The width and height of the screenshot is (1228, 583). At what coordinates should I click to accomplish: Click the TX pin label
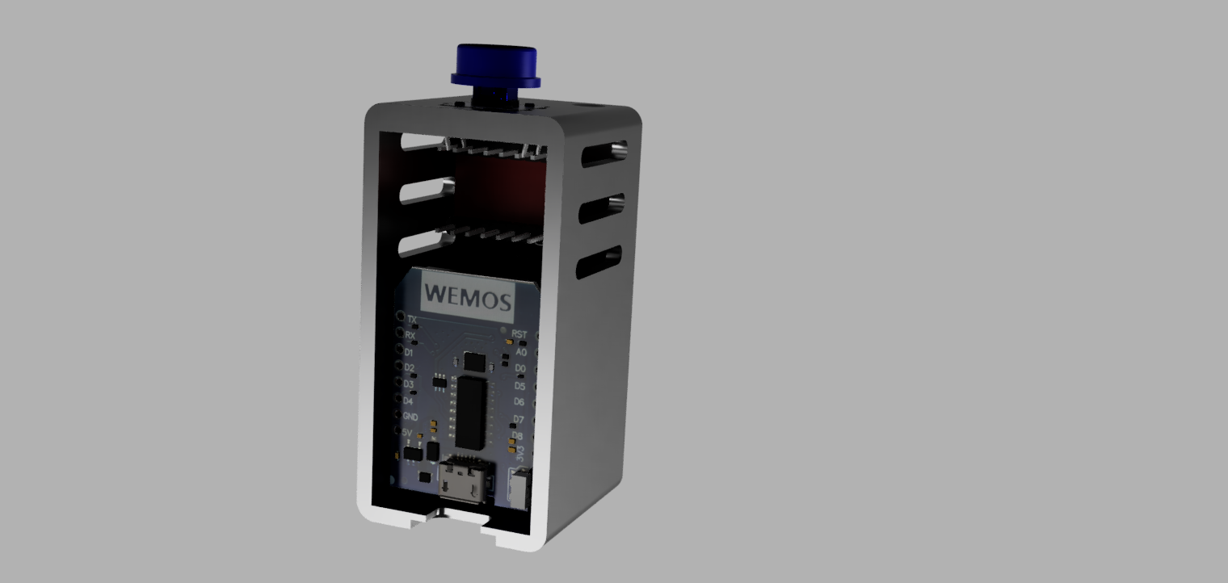tap(411, 320)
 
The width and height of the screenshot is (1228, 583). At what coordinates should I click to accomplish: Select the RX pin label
tap(410, 335)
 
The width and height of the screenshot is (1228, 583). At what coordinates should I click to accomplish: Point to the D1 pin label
tap(409, 352)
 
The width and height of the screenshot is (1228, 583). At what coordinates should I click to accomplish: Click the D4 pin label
tap(408, 401)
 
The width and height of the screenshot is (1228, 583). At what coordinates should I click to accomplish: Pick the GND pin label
tap(410, 417)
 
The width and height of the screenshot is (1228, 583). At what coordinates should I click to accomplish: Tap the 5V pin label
tap(407, 433)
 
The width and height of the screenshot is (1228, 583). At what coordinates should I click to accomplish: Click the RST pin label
tap(519, 334)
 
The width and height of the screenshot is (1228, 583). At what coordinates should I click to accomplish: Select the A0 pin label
tap(521, 352)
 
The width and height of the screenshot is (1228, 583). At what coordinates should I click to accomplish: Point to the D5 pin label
tap(520, 386)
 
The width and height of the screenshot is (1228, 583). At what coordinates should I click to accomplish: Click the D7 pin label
tap(519, 419)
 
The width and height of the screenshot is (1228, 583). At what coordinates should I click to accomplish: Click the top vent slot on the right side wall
tap(603, 152)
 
